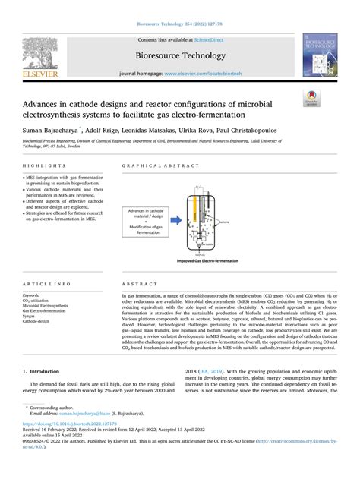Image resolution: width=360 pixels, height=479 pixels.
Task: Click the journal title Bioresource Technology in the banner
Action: [x=179, y=55]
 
